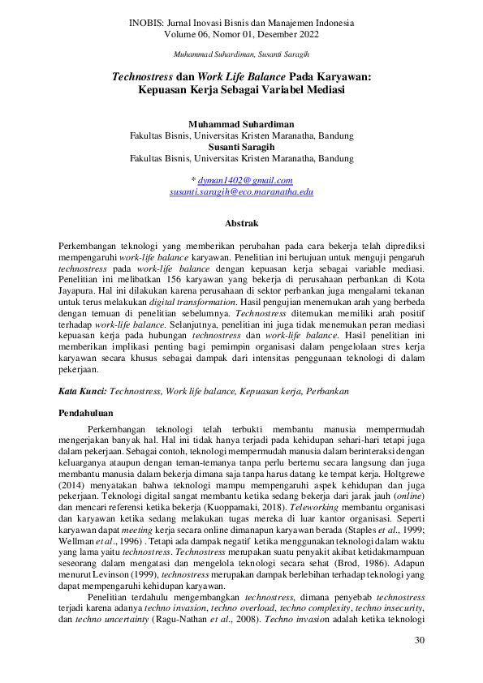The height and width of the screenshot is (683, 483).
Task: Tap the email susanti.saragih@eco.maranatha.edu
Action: click(x=241, y=191)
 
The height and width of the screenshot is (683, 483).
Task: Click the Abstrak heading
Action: click(x=241, y=222)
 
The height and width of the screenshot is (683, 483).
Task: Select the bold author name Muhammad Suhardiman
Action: click(x=241, y=124)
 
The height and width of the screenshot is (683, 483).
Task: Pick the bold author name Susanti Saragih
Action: click(x=241, y=148)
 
